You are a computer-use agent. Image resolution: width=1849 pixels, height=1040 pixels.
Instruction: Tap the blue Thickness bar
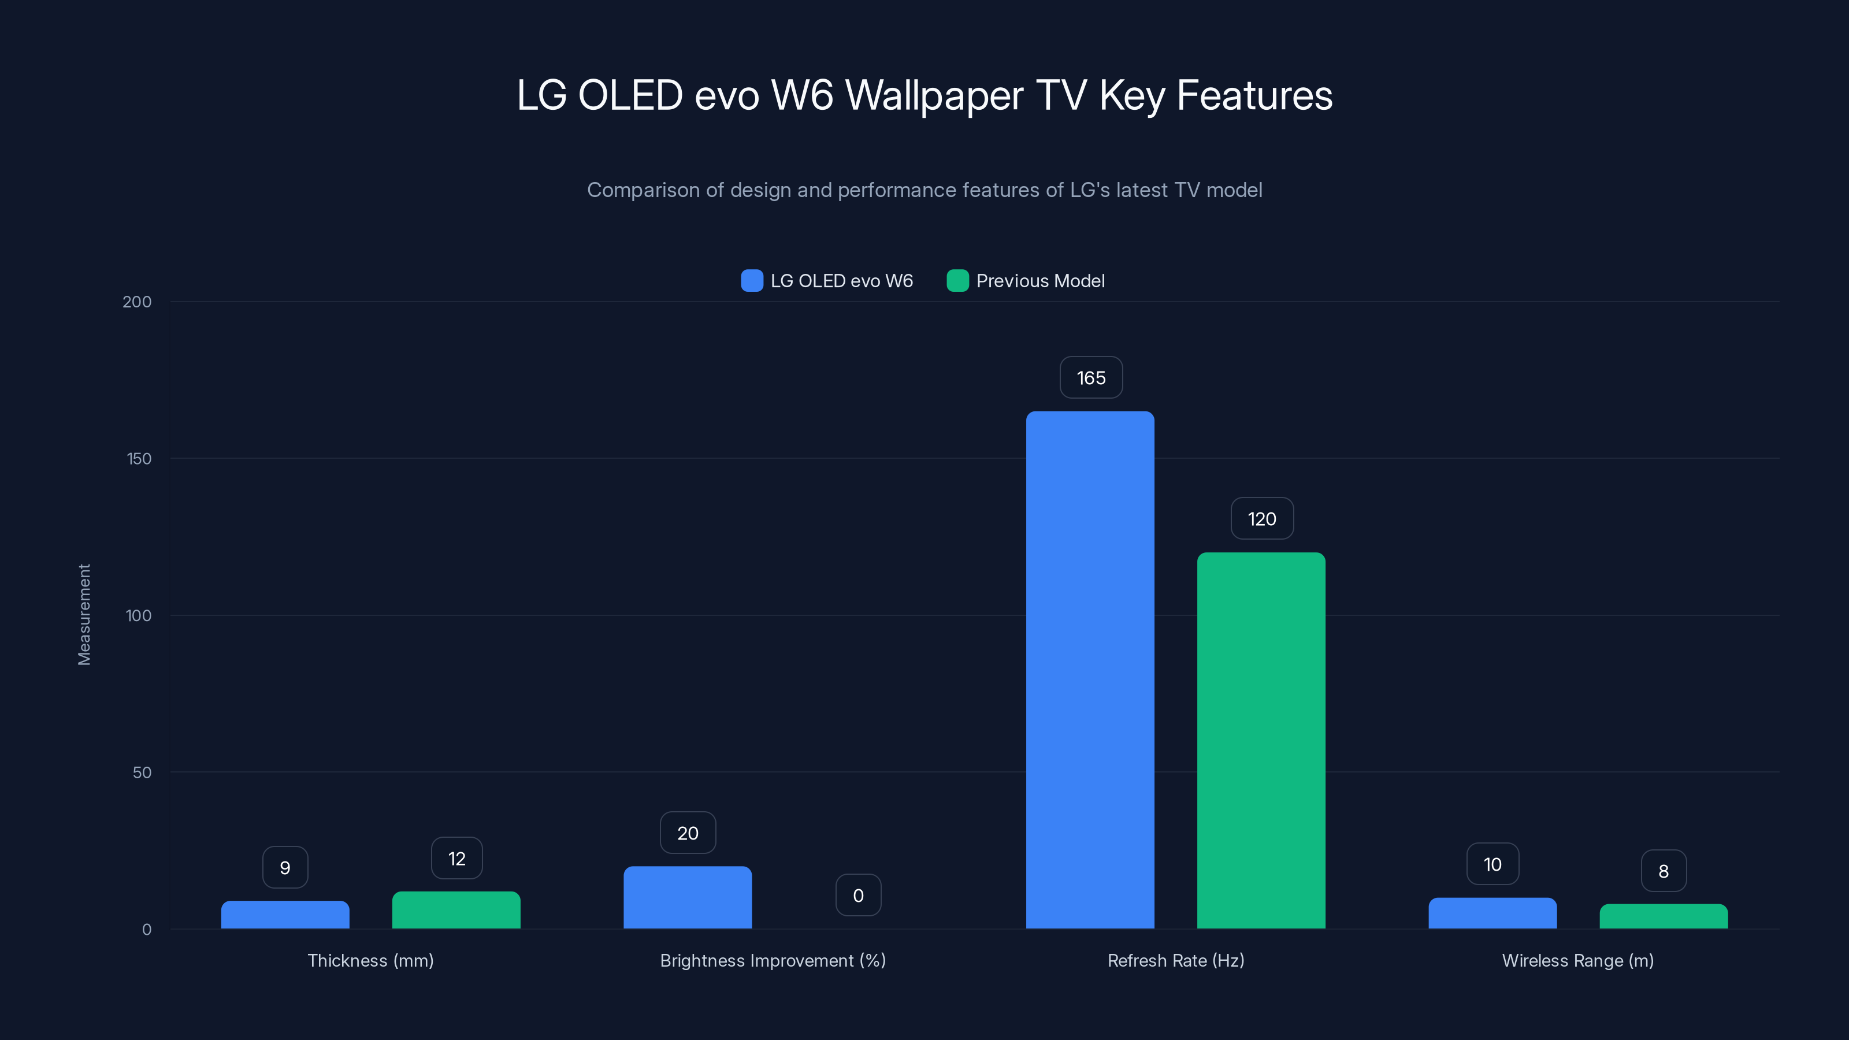pyautogui.click(x=285, y=915)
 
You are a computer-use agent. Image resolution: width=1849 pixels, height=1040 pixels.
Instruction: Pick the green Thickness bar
pyautogui.click(x=456, y=909)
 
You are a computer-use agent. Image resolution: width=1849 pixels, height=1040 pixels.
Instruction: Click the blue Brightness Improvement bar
pyautogui.click(x=687, y=897)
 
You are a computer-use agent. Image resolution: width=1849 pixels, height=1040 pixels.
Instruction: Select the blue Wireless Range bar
pyautogui.click(x=1492, y=913)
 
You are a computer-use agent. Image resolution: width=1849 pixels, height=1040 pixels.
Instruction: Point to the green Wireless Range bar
pyautogui.click(x=1663, y=916)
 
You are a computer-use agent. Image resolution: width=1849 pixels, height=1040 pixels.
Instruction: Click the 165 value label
pyautogui.click(x=1091, y=377)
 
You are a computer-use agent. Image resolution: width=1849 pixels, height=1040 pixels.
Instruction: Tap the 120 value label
pyautogui.click(x=1262, y=519)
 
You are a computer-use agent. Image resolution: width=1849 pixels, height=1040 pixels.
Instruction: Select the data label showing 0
pyautogui.click(x=857, y=895)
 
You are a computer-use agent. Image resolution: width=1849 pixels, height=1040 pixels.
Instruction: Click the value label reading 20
pyautogui.click(x=688, y=833)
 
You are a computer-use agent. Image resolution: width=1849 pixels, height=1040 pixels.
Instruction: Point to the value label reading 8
pyautogui.click(x=1663, y=871)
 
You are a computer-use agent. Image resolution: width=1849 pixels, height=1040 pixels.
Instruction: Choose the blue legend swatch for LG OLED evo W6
pyautogui.click(x=752, y=281)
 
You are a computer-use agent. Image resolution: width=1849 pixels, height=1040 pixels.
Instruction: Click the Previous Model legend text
pyautogui.click(x=1040, y=281)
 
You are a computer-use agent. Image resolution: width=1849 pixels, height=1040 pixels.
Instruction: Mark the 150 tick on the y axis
pyautogui.click(x=139, y=459)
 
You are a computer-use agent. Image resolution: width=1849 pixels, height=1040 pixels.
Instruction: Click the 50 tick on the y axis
pyautogui.click(x=142, y=772)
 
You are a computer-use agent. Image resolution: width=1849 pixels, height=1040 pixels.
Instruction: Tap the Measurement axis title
pyautogui.click(x=84, y=614)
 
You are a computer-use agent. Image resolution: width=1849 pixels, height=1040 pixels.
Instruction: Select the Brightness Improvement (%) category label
pyautogui.click(x=773, y=960)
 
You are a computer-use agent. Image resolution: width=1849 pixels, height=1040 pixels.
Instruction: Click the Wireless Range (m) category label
pyautogui.click(x=1577, y=960)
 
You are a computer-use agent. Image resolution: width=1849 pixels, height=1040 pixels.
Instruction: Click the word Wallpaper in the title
pyautogui.click(x=934, y=95)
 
